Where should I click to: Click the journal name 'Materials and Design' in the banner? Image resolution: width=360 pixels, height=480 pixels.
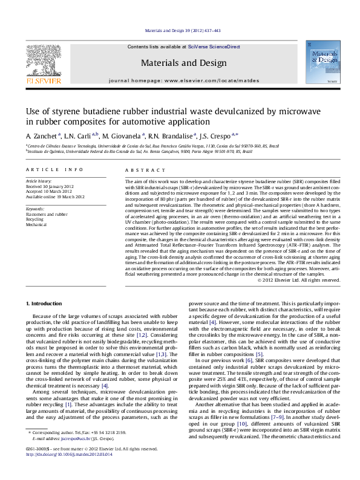click(x=180, y=63)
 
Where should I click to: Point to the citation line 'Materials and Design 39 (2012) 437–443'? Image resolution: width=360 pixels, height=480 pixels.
click(x=180, y=30)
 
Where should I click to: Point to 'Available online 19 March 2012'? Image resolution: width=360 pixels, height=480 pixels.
click(x=55, y=196)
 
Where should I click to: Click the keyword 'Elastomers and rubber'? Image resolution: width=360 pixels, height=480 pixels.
click(x=47, y=214)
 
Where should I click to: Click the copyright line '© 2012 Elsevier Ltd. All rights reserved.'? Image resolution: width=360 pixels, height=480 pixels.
click(x=298, y=280)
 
